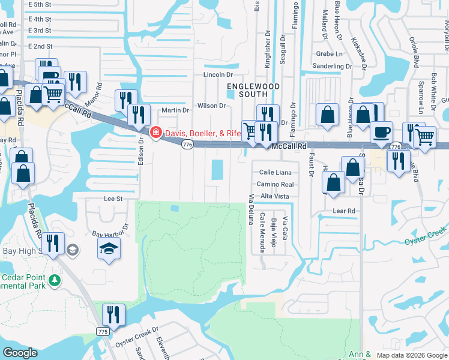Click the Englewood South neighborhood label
(245, 91)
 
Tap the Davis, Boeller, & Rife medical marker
(155, 132)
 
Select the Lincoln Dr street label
(218, 75)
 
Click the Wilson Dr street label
(211, 106)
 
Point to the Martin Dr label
(175, 110)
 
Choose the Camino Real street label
(276, 185)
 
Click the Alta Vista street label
(275, 196)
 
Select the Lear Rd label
(344, 211)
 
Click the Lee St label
(113, 199)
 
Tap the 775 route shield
(103, 331)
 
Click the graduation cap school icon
(109, 250)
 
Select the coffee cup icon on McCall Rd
(381, 132)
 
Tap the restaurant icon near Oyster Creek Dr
(113, 314)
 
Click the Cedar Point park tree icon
(55, 280)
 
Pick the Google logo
(20, 353)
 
